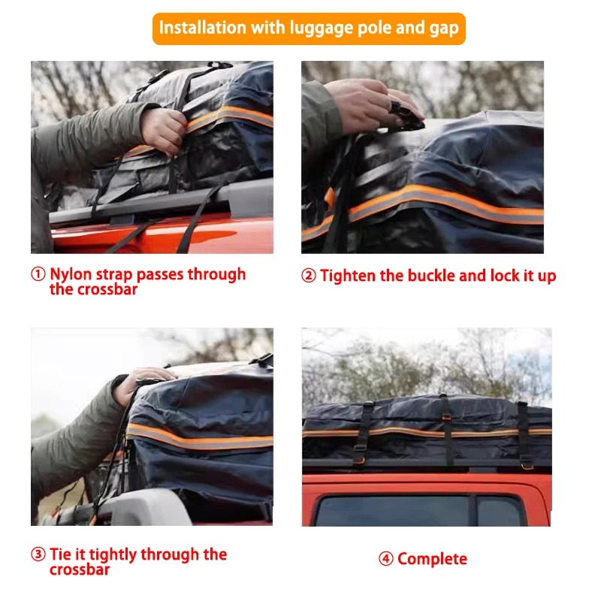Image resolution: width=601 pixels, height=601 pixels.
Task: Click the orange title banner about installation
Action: point(309,29)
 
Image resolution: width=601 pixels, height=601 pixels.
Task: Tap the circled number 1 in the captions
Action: point(38,274)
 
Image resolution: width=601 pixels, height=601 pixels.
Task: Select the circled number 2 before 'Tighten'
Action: point(309,276)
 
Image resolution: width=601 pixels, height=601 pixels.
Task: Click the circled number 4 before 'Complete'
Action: point(386,559)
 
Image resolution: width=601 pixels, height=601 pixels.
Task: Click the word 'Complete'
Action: point(432,559)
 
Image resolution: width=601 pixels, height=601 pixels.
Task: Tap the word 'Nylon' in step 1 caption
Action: point(71,274)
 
